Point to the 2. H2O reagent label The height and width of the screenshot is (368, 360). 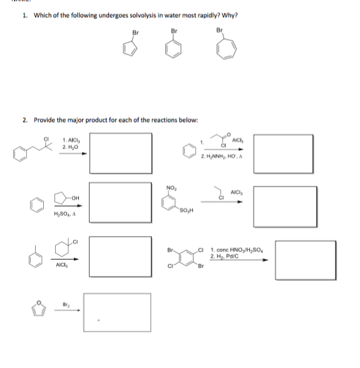coord(69,147)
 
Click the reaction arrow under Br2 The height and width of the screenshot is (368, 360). coord(65,312)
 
